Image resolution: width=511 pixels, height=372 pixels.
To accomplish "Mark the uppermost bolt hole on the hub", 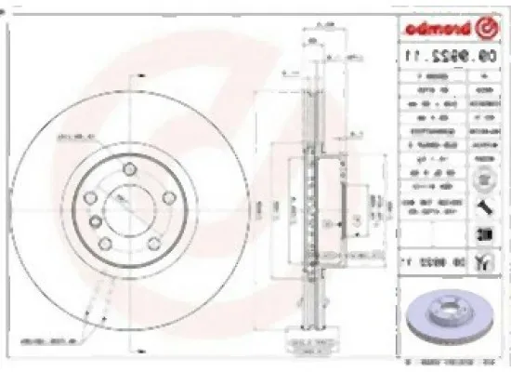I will (x=128, y=168).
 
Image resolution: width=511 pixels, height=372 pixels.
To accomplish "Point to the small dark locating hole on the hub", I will (x=95, y=220).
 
